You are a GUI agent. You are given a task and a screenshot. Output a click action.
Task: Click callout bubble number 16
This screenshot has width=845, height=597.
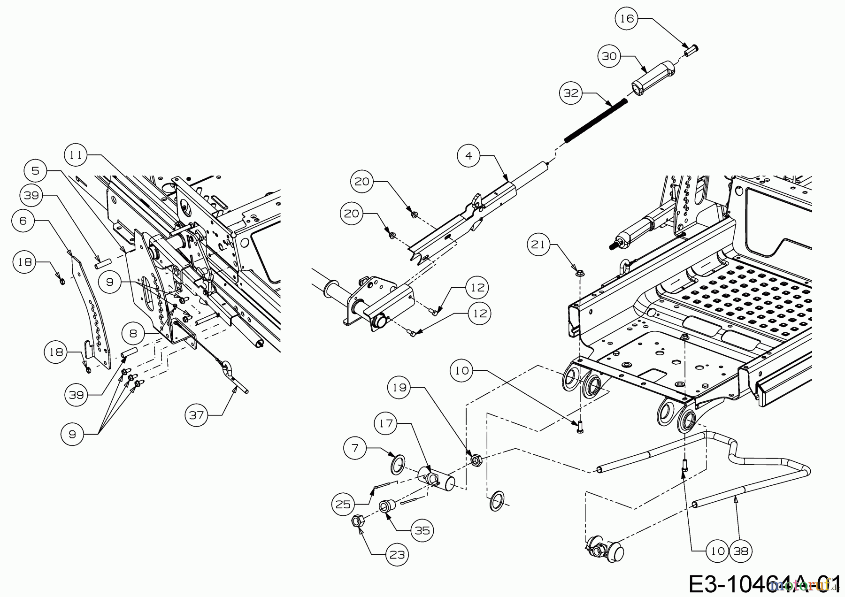click(627, 19)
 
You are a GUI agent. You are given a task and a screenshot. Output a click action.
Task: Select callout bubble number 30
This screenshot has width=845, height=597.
click(609, 56)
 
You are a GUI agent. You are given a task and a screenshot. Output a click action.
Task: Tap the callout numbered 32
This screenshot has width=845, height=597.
click(571, 93)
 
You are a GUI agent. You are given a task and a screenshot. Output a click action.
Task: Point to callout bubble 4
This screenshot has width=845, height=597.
click(469, 155)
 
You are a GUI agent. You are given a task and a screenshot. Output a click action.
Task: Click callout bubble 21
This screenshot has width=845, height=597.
click(538, 245)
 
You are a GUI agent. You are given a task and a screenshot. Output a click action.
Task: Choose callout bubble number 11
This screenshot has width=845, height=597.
click(76, 155)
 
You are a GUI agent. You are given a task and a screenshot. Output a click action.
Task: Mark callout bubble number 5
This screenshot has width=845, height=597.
click(36, 170)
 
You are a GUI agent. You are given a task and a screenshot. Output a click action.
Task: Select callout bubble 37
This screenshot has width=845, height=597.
click(196, 415)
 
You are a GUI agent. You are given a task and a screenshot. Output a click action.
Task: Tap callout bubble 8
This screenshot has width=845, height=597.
click(133, 334)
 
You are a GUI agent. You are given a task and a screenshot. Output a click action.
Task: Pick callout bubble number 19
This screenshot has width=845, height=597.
click(399, 388)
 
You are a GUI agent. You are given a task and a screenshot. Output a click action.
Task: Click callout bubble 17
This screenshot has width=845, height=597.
click(386, 423)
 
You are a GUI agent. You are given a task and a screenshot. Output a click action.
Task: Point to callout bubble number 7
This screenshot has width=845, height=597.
click(355, 449)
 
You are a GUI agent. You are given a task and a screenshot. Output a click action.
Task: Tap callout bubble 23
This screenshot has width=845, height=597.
click(397, 555)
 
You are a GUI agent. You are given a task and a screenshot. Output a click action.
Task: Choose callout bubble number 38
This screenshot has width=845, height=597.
click(740, 551)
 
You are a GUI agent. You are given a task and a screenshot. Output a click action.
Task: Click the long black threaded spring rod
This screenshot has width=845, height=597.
click(596, 119)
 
